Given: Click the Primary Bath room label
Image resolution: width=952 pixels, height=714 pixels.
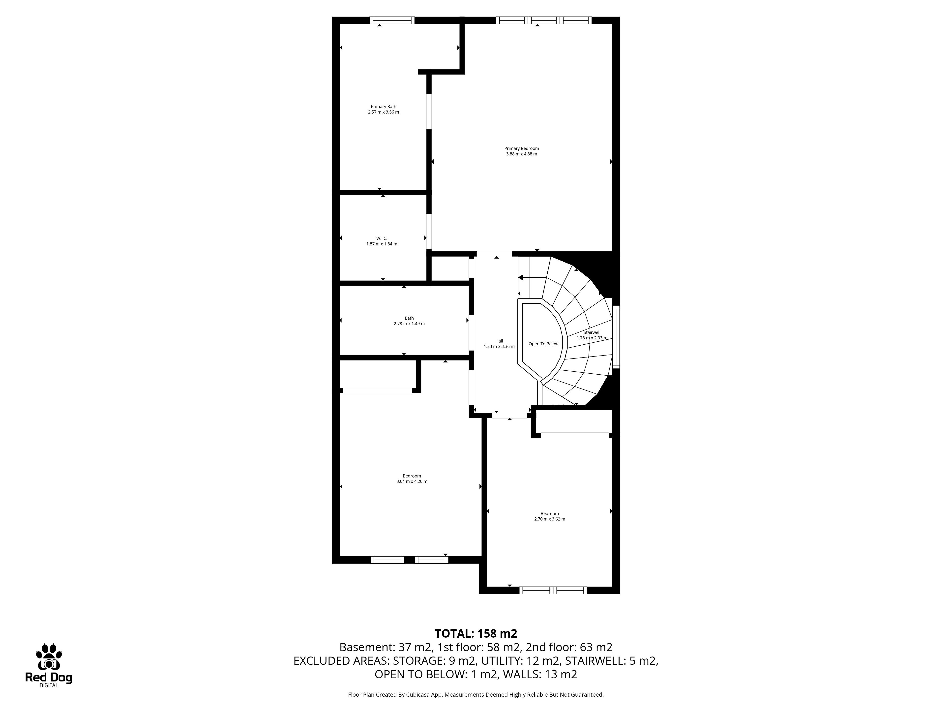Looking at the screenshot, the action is pos(384,107).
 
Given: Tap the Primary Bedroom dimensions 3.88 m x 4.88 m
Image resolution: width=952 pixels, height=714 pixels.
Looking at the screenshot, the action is pos(522,154).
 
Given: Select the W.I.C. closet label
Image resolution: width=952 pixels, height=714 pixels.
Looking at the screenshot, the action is pos(382,238).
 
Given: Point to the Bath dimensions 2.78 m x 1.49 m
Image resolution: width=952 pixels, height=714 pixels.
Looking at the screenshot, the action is pos(409,324).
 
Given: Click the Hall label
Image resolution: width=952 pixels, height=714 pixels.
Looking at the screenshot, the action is pos(499,341).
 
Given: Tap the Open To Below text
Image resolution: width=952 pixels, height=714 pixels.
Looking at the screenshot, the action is pos(544,344).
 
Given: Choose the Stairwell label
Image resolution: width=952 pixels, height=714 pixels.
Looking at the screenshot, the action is pos(592,332).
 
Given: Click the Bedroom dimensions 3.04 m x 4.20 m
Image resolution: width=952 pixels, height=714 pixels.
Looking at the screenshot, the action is pos(412,482).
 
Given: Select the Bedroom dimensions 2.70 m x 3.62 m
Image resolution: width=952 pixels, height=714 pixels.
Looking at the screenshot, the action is pos(550,519).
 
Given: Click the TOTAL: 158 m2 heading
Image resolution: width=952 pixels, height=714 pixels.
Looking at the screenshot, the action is pos(476,633).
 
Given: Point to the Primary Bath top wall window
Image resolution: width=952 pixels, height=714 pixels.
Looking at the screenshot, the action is pos(392,20).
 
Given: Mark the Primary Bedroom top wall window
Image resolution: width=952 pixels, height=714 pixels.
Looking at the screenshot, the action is pos(544,20).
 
